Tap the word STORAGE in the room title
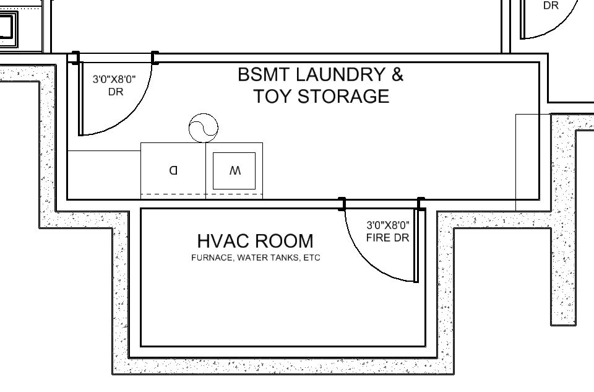(343, 96)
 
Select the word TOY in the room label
(273, 96)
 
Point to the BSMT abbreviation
(264, 74)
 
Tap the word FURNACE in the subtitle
(212, 258)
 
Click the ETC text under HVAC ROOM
(312, 258)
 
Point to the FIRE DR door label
(387, 238)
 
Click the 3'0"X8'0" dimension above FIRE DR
(388, 225)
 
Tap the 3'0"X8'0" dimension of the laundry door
(114, 80)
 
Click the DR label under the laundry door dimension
(116, 92)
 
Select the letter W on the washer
(235, 171)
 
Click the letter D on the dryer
(173, 170)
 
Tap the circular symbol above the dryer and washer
(204, 128)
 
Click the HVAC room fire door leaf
(416, 245)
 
